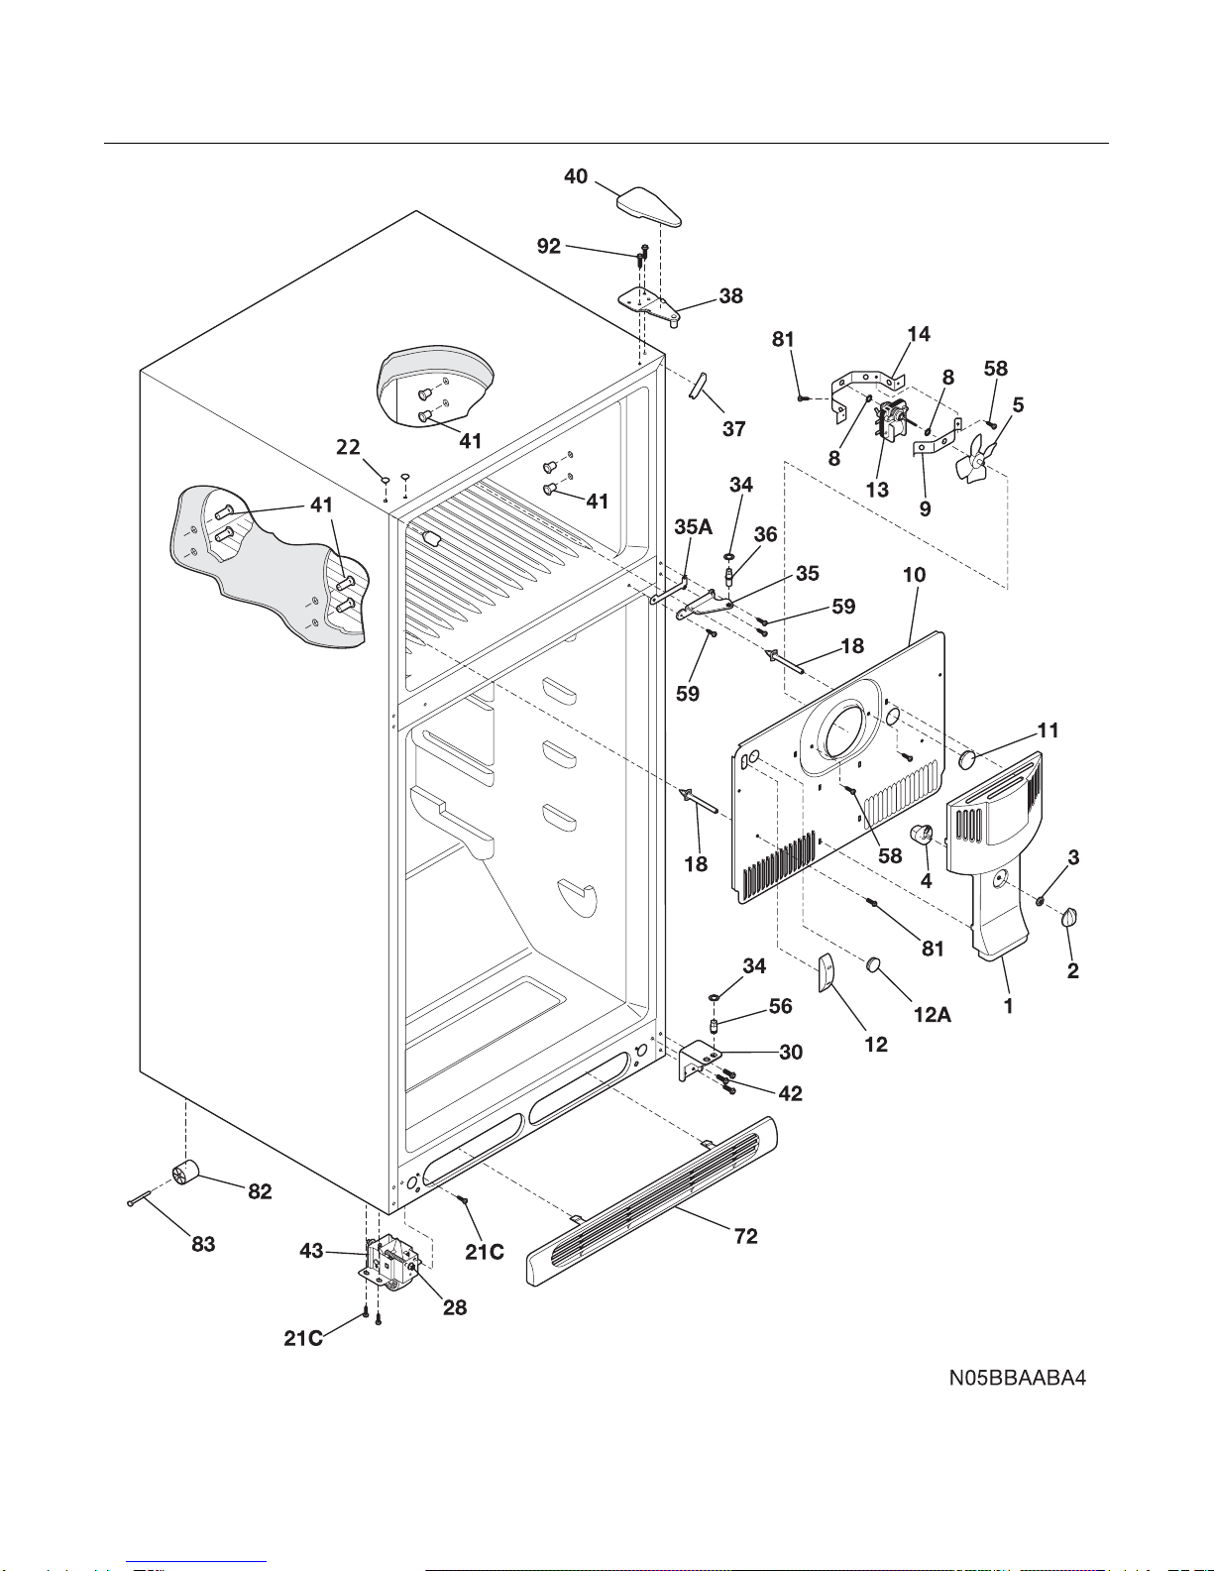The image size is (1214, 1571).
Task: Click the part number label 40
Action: click(x=575, y=176)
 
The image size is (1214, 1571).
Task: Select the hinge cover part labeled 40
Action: click(x=649, y=206)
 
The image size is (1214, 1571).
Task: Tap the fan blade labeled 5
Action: click(x=974, y=458)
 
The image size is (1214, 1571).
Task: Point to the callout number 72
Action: click(x=745, y=1236)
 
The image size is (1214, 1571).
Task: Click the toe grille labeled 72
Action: click(x=652, y=1201)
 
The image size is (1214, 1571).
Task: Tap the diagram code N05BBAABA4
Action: click(x=1018, y=1378)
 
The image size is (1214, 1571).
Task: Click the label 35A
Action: click(x=693, y=527)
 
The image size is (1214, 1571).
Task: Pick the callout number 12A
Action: click(x=933, y=1015)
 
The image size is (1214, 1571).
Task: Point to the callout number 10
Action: click(x=914, y=575)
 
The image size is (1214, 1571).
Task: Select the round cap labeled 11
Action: click(x=967, y=759)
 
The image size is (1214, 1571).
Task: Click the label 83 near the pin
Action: click(x=203, y=1244)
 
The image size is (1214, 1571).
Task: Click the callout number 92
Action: click(x=548, y=246)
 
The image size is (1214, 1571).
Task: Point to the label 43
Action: click(x=311, y=1251)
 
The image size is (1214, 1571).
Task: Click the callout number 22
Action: click(x=348, y=447)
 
